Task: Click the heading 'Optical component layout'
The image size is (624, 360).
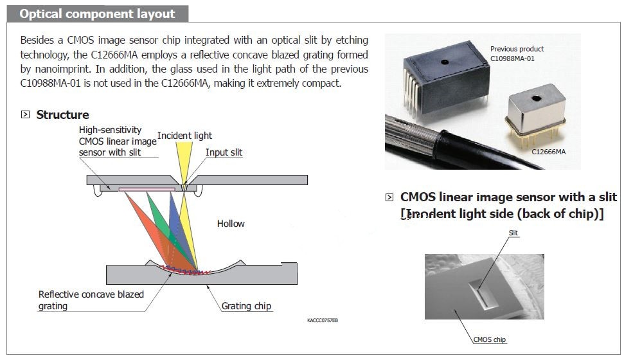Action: pyautogui.click(x=97, y=14)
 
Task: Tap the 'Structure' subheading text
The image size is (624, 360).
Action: pyautogui.click(x=62, y=114)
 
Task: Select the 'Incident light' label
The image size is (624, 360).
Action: pyautogui.click(x=184, y=136)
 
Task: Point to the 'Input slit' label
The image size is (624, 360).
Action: pyautogui.click(x=224, y=152)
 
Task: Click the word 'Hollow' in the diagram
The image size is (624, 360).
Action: pyautogui.click(x=231, y=224)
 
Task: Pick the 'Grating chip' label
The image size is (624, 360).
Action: pyautogui.click(x=246, y=306)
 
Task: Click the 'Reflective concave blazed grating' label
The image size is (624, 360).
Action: pyautogui.click(x=91, y=300)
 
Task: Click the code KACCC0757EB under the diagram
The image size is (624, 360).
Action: pyautogui.click(x=323, y=320)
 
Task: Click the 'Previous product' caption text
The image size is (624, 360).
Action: pyautogui.click(x=517, y=49)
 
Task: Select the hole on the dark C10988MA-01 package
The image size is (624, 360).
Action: pyautogui.click(x=444, y=63)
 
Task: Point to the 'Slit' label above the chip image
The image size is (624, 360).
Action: pyautogui.click(x=513, y=233)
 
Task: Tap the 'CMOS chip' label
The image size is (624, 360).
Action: pyautogui.click(x=489, y=339)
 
